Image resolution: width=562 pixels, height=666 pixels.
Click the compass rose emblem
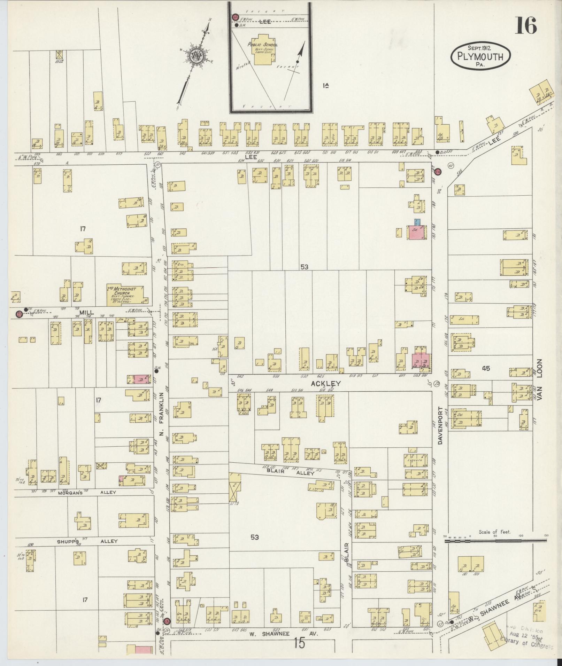tap(196, 56)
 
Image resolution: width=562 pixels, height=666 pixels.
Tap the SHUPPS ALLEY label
tap(87, 551)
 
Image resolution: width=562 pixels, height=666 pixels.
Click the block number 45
tap(486, 368)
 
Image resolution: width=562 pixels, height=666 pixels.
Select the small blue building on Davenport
tap(417, 222)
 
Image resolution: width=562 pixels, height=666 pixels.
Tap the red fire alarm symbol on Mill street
tap(19, 314)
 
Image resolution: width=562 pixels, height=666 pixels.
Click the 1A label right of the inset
tap(326, 85)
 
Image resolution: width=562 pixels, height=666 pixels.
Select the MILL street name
tap(83, 313)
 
